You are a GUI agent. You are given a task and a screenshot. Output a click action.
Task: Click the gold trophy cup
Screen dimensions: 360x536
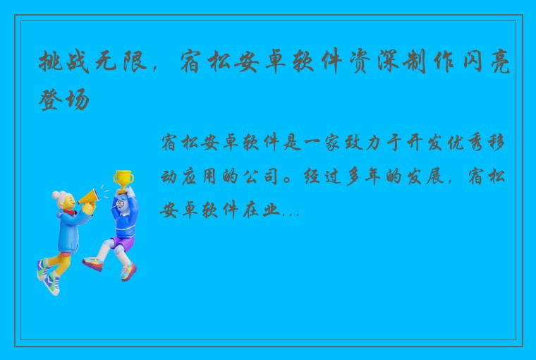(123, 178)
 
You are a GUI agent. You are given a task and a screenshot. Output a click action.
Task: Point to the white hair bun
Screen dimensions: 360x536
(56, 195)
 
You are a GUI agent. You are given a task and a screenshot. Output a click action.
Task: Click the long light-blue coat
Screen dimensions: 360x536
(68, 234)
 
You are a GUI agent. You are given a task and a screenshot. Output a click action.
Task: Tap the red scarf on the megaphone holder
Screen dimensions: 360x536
(69, 211)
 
